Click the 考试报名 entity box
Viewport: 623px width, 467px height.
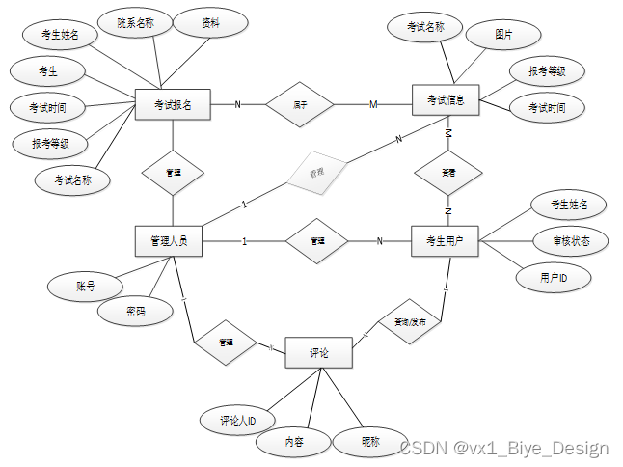(x=174, y=104)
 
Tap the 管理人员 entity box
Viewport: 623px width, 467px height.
(x=169, y=240)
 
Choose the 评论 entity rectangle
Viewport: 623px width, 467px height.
(x=319, y=353)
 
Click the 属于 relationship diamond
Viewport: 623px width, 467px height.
(x=300, y=103)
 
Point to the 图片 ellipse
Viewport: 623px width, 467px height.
(x=503, y=34)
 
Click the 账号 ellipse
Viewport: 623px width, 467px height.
(x=86, y=286)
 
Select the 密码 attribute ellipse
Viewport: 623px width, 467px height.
(x=136, y=312)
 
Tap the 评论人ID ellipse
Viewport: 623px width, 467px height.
(x=237, y=420)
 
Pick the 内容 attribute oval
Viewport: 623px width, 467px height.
(x=294, y=442)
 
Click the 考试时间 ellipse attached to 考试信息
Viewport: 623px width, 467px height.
(x=547, y=108)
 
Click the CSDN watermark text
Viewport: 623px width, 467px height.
(x=504, y=448)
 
